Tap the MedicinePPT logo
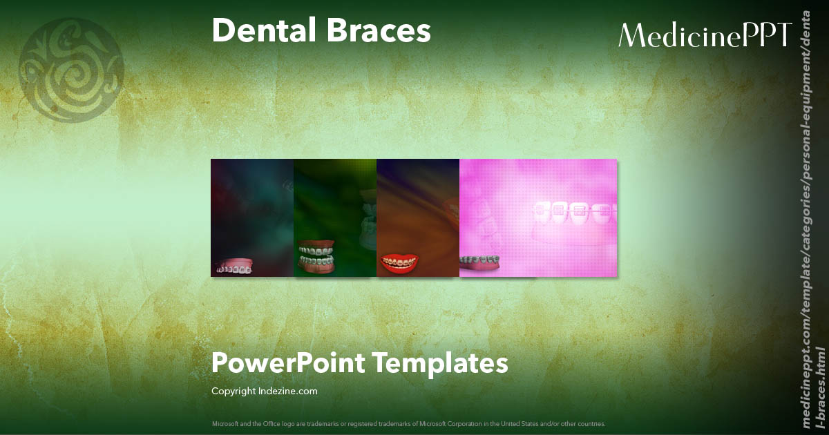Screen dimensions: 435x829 point(705,35)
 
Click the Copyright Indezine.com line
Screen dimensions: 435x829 point(265,391)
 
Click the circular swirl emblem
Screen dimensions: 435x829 point(70,71)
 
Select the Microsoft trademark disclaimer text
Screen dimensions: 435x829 point(408,423)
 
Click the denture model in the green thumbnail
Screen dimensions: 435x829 point(316,256)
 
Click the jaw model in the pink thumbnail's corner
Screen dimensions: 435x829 point(480,263)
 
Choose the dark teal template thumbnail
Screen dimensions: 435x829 point(252,207)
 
